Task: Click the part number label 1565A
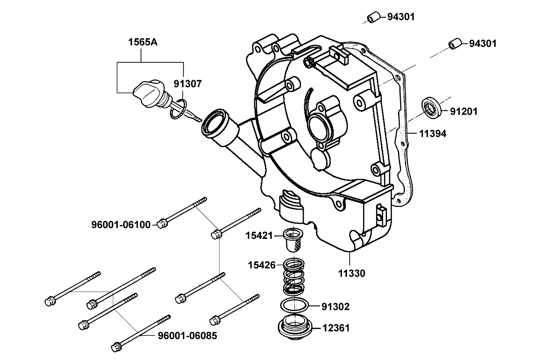(143, 42)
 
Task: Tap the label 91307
(188, 84)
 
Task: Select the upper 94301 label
(401, 17)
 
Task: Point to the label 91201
(463, 112)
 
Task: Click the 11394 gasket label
(433, 133)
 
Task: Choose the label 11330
(352, 273)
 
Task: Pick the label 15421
(259, 235)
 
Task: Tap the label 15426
(262, 265)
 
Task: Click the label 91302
(335, 307)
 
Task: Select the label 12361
(336, 328)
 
